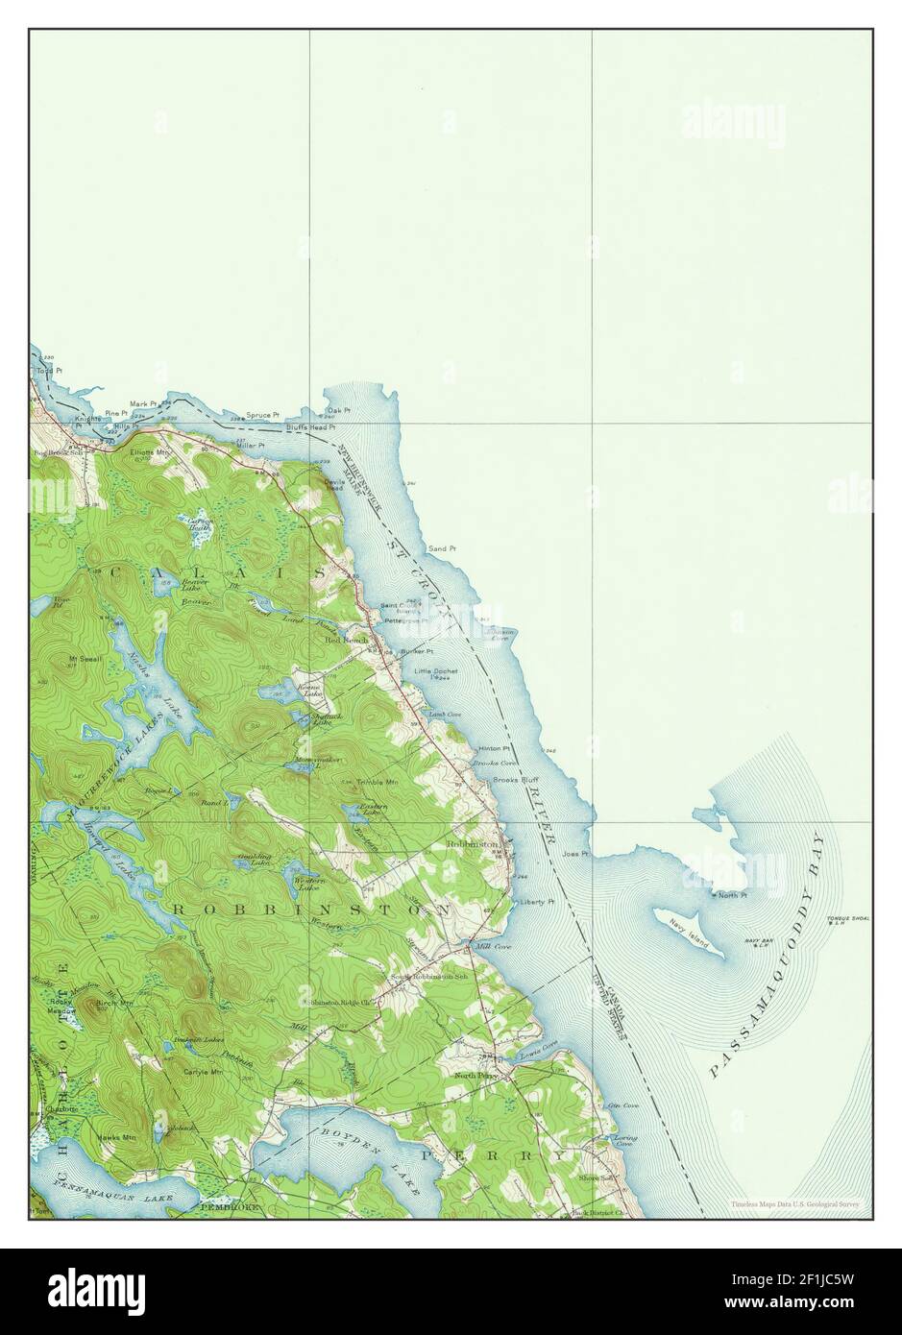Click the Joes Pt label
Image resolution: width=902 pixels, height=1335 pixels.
click(x=575, y=852)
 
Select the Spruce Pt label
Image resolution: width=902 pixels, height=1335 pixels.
click(x=262, y=416)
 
